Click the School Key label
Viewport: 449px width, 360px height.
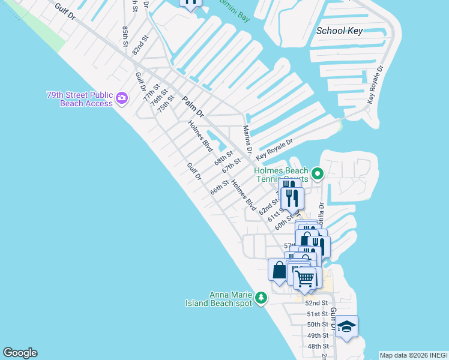[x=339, y=31]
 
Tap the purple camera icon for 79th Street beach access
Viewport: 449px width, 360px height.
[x=122, y=98]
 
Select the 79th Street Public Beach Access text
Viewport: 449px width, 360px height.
[x=80, y=99]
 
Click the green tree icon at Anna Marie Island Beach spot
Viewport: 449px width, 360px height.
[x=261, y=298]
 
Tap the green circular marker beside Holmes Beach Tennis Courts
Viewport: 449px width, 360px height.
[x=318, y=174]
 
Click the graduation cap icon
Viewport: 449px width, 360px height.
[x=346, y=326]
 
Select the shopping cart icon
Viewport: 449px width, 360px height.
[x=305, y=278]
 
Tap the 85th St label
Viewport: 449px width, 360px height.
[x=125, y=35]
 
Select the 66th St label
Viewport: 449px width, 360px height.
[x=220, y=187]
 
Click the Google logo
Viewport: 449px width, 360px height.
[x=20, y=353]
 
